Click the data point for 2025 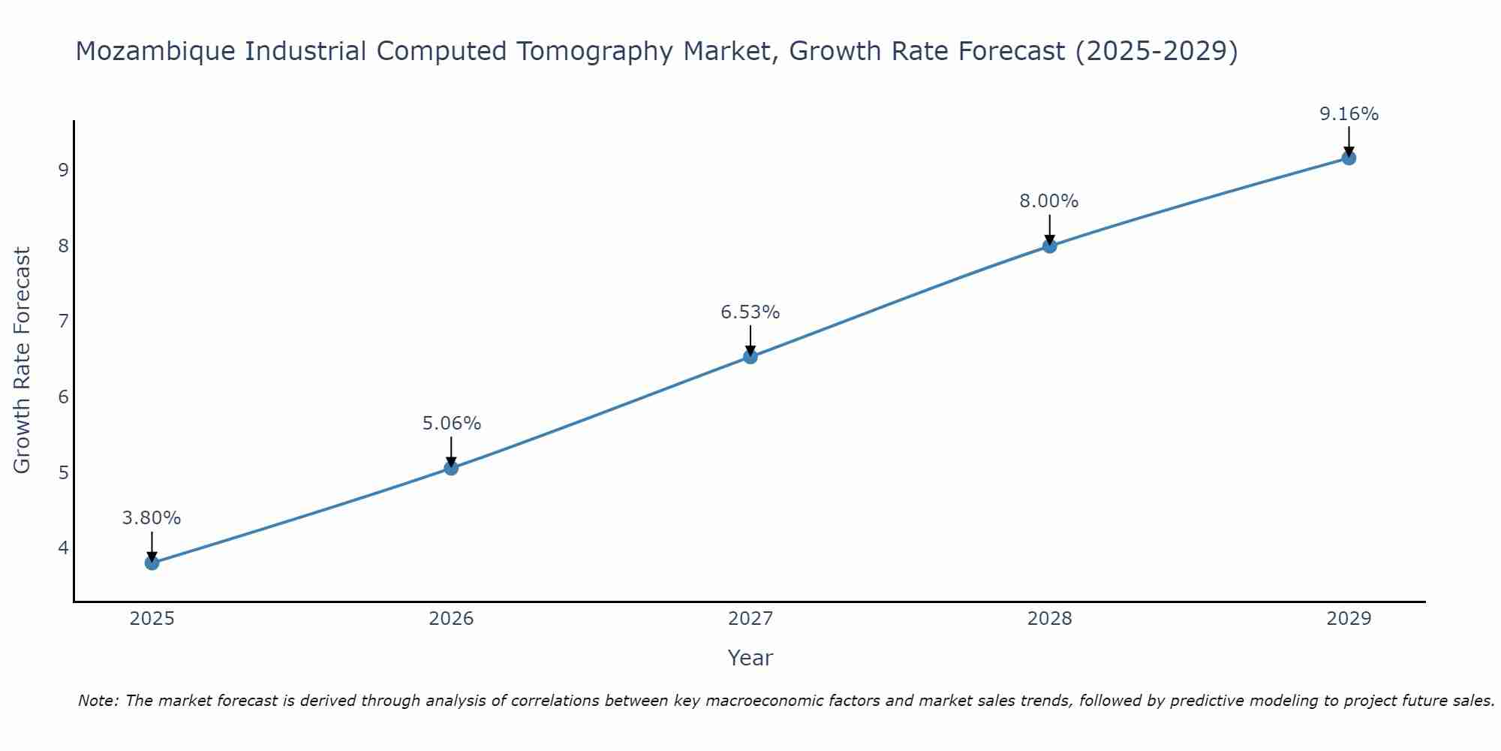click(152, 562)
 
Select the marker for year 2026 click(451, 468)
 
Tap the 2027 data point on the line click(750, 357)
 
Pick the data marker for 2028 click(1049, 246)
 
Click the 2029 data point click(1349, 158)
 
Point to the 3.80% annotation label click(152, 518)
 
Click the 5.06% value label click(451, 424)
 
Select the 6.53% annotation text click(750, 312)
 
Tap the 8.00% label click(1049, 201)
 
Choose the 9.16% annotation click(1349, 114)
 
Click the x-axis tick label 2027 click(750, 619)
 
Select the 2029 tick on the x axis click(1349, 619)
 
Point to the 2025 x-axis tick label click(152, 619)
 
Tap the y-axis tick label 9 click(63, 170)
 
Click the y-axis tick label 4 click(63, 548)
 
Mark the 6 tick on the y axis click(63, 397)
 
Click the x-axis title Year click(750, 658)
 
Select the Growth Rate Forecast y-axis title click(23, 360)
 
